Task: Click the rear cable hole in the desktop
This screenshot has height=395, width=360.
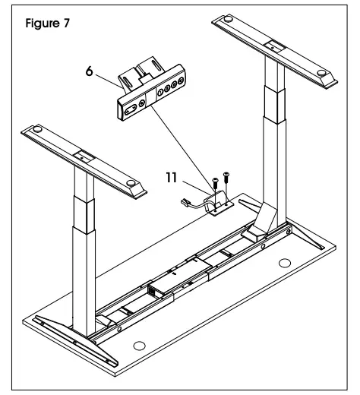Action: pos(284,263)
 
